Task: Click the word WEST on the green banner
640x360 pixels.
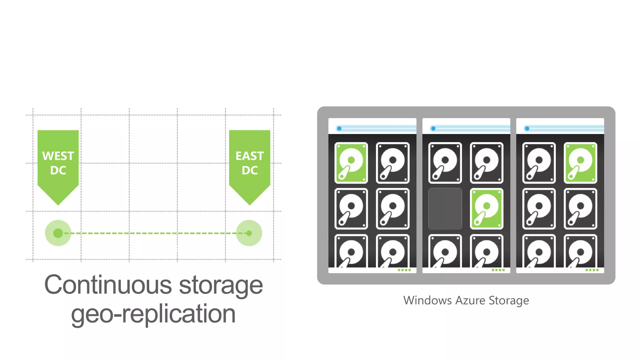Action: (x=58, y=156)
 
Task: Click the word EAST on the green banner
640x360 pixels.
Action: (x=249, y=156)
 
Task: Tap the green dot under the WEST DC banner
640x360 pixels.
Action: (x=58, y=233)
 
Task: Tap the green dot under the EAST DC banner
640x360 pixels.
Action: (x=249, y=233)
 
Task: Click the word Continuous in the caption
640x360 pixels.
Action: (x=108, y=285)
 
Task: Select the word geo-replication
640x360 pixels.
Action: (x=153, y=314)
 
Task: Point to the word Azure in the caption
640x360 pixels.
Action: (x=470, y=300)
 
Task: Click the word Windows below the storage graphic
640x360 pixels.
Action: (x=427, y=300)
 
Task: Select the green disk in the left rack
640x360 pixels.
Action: (x=351, y=162)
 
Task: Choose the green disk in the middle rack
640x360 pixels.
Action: (x=487, y=208)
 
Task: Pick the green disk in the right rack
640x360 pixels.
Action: (x=580, y=162)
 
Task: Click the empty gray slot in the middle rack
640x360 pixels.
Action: (x=445, y=208)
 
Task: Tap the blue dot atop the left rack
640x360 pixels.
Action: (x=339, y=128)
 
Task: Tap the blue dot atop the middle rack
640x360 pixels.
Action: (x=433, y=128)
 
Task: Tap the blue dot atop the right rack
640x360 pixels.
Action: (x=527, y=128)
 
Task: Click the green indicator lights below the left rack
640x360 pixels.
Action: (x=404, y=270)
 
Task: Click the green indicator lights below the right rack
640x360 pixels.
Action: (x=592, y=270)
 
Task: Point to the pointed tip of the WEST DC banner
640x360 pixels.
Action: (x=58, y=204)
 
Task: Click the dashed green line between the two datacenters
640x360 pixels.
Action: (x=153, y=233)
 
